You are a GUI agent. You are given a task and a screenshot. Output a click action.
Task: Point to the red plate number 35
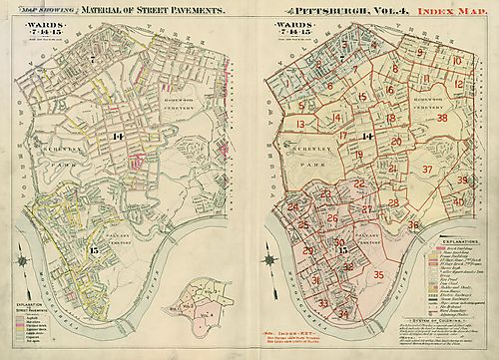(378, 274)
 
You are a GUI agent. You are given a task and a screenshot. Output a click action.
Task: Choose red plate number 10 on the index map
(456, 62)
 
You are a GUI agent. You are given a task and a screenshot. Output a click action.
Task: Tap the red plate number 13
(300, 125)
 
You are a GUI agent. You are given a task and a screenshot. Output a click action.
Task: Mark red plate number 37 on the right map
(428, 170)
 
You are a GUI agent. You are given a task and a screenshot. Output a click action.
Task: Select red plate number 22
(358, 183)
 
